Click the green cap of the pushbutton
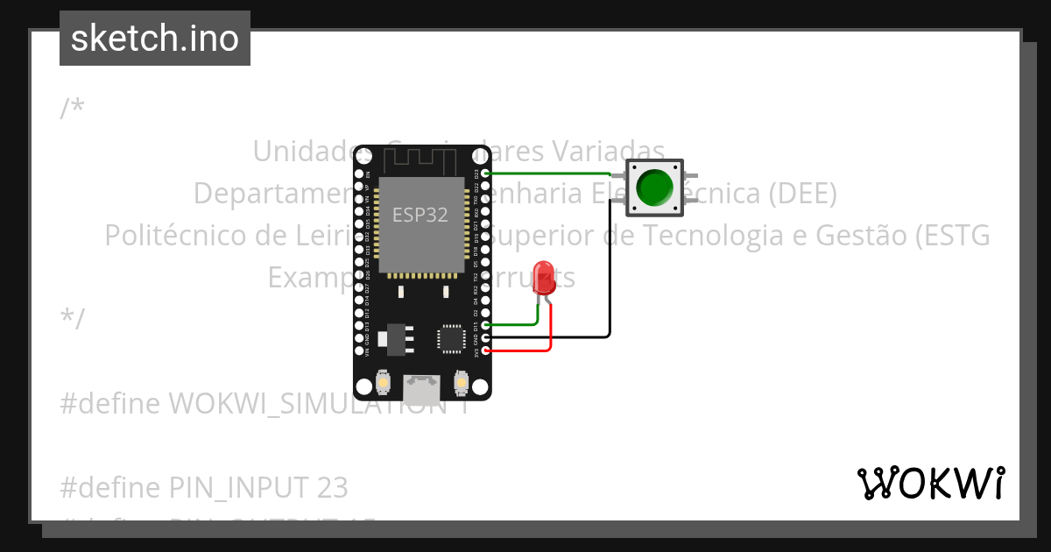[654, 187]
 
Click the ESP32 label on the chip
[420, 216]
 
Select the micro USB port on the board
[422, 386]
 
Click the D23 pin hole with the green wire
[486, 173]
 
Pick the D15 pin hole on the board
[486, 324]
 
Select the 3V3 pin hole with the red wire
[486, 350]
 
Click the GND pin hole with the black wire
[486, 337]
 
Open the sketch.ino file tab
[155, 39]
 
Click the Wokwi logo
[930, 483]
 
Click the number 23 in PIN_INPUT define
[332, 487]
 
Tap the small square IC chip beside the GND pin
[450, 338]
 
